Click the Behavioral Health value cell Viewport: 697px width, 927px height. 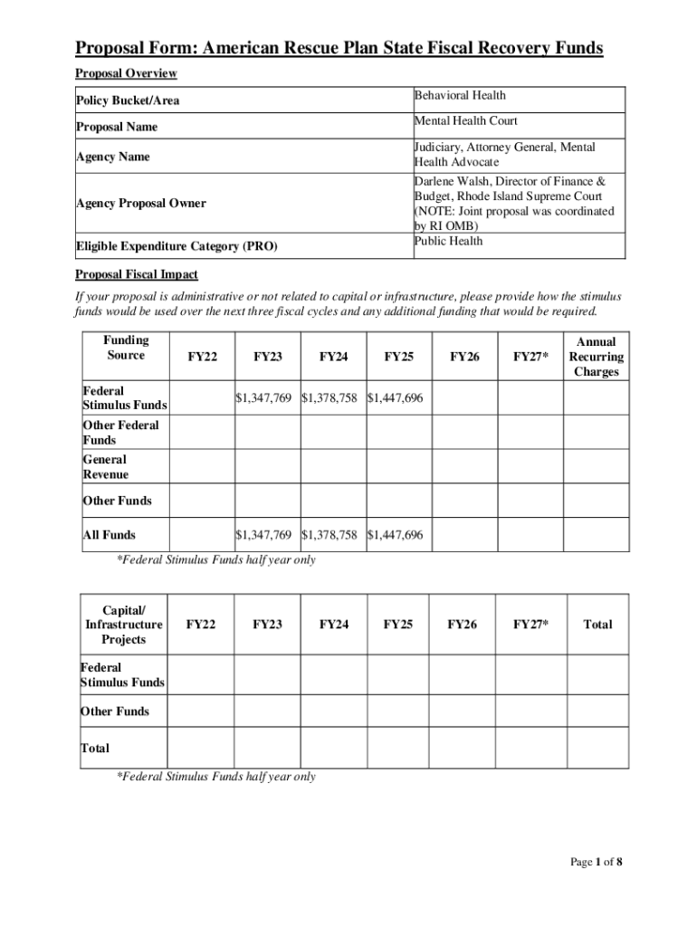point(460,96)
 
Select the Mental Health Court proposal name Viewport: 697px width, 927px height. point(465,121)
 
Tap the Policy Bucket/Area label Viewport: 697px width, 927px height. point(127,101)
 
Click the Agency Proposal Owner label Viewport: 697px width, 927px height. point(140,204)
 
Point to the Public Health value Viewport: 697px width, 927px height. point(449,241)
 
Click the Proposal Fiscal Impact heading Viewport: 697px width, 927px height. point(137,274)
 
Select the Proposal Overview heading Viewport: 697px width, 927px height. point(126,73)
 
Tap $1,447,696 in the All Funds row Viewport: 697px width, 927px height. point(395,535)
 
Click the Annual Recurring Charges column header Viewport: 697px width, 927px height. point(596,357)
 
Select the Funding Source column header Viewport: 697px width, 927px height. point(126,348)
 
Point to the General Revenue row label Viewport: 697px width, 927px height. point(106,467)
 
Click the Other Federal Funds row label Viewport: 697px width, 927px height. point(120,433)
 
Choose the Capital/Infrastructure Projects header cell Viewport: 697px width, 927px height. point(124,625)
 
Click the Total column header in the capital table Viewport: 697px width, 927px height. point(597,625)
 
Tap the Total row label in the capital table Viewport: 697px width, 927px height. point(95,749)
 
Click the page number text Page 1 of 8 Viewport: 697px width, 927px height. point(596,862)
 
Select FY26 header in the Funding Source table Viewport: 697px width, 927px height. point(464,358)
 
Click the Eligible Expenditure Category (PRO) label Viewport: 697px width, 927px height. point(176,246)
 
